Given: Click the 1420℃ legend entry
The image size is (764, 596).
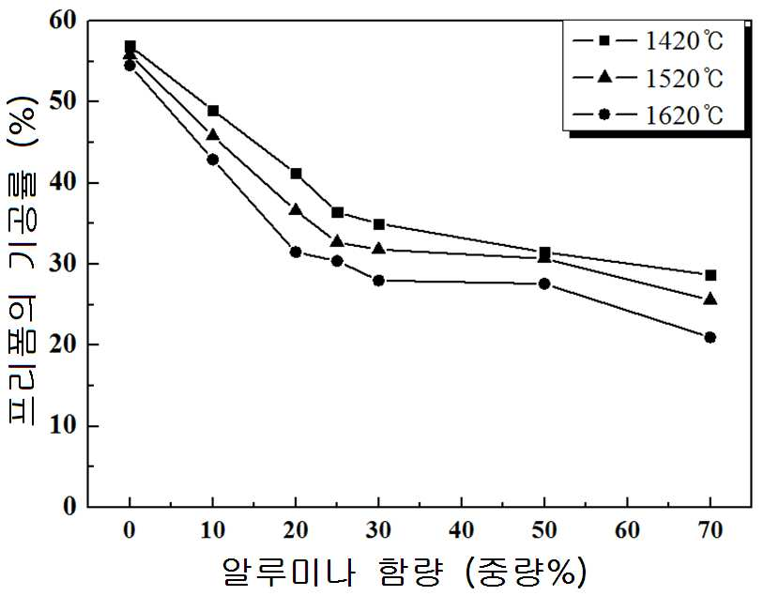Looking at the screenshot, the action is click(x=648, y=40).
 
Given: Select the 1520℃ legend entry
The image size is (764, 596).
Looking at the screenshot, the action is click(x=648, y=78).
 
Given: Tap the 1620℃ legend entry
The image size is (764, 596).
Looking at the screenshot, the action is click(x=648, y=115).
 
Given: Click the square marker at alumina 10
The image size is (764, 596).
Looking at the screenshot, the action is click(x=213, y=111).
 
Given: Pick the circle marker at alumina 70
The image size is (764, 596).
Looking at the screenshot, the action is click(x=710, y=337).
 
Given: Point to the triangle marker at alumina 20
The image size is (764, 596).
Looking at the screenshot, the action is click(x=296, y=209).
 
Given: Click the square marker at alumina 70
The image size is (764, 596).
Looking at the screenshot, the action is click(x=711, y=275).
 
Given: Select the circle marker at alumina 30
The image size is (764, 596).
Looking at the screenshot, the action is click(x=378, y=281).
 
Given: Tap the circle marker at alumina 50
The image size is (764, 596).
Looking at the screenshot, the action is click(x=544, y=283).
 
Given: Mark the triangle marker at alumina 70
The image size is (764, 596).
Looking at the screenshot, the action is click(x=711, y=298).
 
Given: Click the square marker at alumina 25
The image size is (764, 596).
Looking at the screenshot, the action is click(x=337, y=212).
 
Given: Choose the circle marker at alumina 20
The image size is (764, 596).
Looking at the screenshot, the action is click(x=296, y=252).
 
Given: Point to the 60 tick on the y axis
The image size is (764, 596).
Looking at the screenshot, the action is click(x=88, y=21).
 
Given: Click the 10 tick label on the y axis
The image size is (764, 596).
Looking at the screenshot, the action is click(x=63, y=425).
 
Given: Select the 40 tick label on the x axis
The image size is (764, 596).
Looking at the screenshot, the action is click(x=462, y=529).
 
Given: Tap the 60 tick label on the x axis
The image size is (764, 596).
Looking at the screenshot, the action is click(x=627, y=529).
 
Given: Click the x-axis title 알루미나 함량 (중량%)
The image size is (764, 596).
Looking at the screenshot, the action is click(x=404, y=571).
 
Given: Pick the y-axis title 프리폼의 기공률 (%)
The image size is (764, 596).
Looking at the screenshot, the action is click(x=22, y=259).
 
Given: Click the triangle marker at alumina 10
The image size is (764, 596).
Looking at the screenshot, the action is click(x=213, y=135).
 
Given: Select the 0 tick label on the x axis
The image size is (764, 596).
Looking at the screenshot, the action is click(x=130, y=529).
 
